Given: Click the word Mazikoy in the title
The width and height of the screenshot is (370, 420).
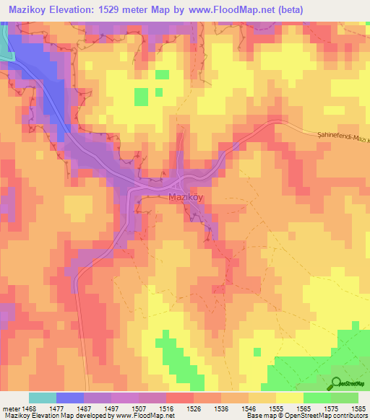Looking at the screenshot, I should click(33, 9).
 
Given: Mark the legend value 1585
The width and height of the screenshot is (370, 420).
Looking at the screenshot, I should click(355, 408).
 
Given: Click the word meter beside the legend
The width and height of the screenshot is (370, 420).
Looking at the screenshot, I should click(11, 408).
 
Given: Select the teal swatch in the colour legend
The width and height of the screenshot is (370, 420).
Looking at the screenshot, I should click(42, 398).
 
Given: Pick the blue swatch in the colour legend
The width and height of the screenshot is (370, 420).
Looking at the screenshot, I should click(69, 398).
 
